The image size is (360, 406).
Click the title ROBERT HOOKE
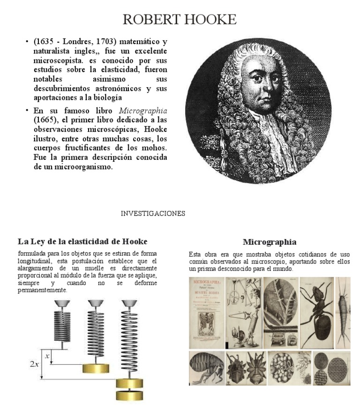tap(180, 19)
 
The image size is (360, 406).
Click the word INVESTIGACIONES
tap(153, 213)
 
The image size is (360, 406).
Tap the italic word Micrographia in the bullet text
tap(143, 111)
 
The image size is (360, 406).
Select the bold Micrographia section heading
tap(270, 242)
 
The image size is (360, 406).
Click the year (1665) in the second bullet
tap(45, 120)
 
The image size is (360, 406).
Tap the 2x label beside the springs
tap(34, 364)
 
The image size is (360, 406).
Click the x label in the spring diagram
tap(47, 356)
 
